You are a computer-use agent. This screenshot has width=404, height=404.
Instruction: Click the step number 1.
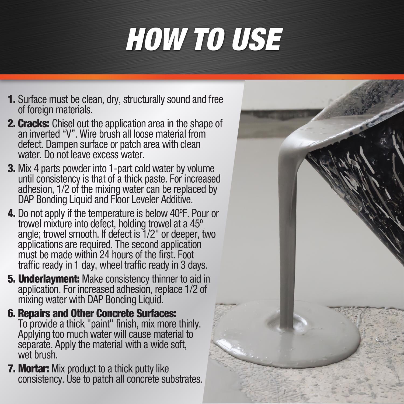[12, 99]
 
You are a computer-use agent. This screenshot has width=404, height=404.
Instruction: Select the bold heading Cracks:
[34, 124]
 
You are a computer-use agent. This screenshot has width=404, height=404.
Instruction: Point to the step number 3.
[12, 169]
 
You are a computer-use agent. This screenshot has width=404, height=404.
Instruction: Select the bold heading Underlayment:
[49, 279]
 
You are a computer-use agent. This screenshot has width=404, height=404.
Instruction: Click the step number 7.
[12, 369]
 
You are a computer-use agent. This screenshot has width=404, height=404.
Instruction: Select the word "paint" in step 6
[99, 324]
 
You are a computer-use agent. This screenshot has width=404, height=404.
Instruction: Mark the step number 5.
[12, 279]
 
